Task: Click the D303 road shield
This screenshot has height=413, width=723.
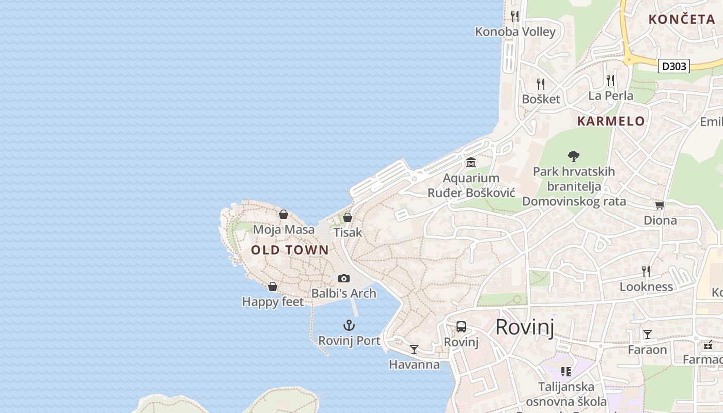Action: (x=674, y=66)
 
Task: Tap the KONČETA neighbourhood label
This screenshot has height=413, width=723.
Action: (x=682, y=20)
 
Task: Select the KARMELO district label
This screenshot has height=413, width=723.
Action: (x=611, y=121)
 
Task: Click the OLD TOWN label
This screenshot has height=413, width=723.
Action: (x=290, y=250)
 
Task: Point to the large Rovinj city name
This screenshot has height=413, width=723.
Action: (x=525, y=327)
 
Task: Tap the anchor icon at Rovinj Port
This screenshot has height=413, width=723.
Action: (x=349, y=325)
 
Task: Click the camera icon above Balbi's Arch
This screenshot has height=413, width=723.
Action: (x=344, y=279)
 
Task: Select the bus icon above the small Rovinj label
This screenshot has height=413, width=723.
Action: (x=461, y=327)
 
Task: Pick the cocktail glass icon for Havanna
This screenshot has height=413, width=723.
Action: (x=414, y=350)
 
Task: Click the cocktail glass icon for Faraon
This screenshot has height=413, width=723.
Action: (x=647, y=335)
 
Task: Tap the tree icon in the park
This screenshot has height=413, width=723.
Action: (x=573, y=156)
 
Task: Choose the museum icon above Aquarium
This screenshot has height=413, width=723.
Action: (x=471, y=163)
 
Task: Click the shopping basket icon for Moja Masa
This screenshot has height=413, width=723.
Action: (x=284, y=214)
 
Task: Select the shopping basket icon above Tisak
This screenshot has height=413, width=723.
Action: (x=348, y=217)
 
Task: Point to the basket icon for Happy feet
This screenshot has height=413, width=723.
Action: (x=273, y=287)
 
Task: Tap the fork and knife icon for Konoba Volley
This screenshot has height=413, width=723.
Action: (x=514, y=16)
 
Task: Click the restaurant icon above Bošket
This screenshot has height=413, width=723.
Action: (x=541, y=84)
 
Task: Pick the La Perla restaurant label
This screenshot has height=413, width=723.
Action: (x=611, y=96)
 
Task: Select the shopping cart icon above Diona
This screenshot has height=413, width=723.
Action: (x=659, y=205)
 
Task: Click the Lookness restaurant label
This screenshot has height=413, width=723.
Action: (x=646, y=287)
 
